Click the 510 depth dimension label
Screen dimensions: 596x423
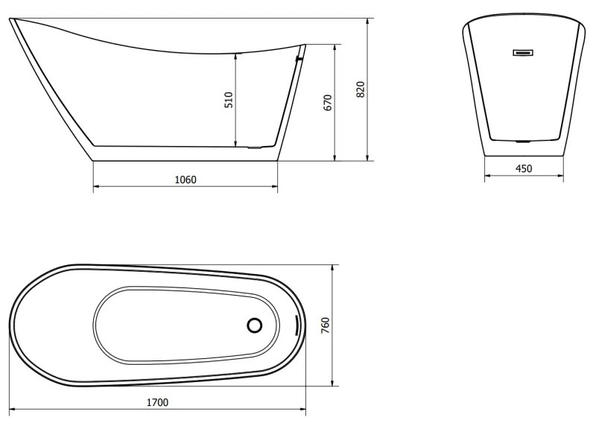(229, 100)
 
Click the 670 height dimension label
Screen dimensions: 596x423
(328, 103)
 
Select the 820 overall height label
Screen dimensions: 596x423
(361, 89)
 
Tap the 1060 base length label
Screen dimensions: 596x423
(186, 179)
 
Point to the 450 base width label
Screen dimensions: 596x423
(524, 168)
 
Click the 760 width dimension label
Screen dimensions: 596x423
(326, 325)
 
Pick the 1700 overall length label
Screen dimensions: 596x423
(157, 402)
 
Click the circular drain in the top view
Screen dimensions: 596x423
(254, 325)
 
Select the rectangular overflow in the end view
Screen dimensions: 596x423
(524, 52)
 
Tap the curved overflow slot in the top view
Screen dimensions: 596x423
(297, 325)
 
